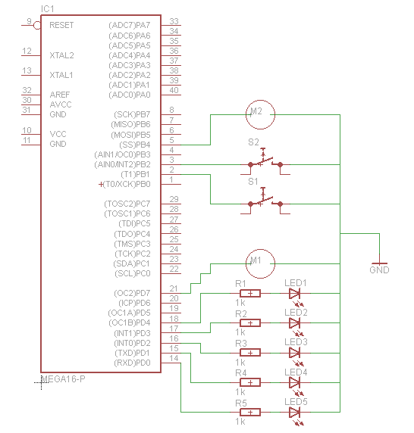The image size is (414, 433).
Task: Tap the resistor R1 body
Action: [248, 293]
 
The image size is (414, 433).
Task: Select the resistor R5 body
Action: [248, 412]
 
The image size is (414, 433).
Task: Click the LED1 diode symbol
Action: [295, 293]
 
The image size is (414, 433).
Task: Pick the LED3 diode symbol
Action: [295, 352]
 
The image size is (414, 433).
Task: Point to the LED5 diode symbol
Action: [295, 412]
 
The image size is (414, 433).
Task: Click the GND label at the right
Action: [379, 269]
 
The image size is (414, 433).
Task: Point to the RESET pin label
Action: [61, 25]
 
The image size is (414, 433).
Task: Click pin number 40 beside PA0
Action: [174, 90]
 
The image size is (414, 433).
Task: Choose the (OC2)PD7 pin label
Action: [130, 293]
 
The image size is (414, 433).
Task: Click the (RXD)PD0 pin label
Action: [130, 362]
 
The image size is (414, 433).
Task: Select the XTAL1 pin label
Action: [61, 75]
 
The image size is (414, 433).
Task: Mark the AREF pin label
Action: [60, 95]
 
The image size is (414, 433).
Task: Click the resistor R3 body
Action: [248, 352]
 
